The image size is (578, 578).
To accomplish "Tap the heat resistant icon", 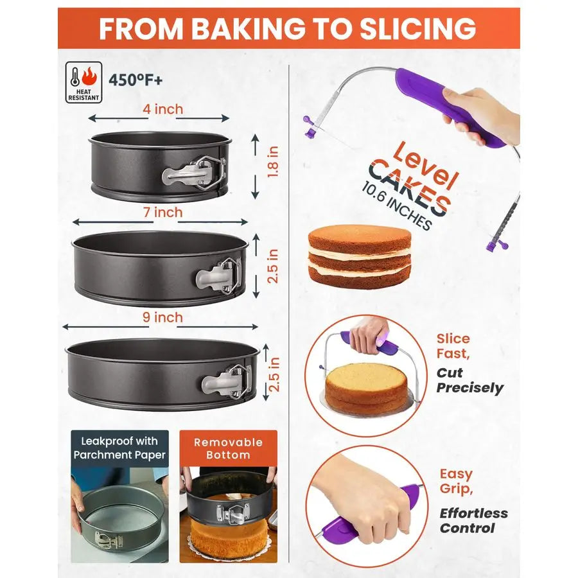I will tap(83, 82).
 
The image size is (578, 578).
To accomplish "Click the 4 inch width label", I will tap(163, 109).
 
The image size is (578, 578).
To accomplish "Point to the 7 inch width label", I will tap(163, 212).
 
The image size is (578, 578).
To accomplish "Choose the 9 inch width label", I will tap(163, 317).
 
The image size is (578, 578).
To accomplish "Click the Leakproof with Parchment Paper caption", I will tap(119, 448).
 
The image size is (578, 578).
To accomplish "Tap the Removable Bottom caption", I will tap(228, 448).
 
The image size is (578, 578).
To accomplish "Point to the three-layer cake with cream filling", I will tap(359, 256).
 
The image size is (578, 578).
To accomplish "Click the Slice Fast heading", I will tap(453, 346).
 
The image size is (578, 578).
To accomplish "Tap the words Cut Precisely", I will tap(469, 380).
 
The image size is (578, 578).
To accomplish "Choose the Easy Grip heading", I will tap(456, 482).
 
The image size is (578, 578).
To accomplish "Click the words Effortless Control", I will tap(473, 520).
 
